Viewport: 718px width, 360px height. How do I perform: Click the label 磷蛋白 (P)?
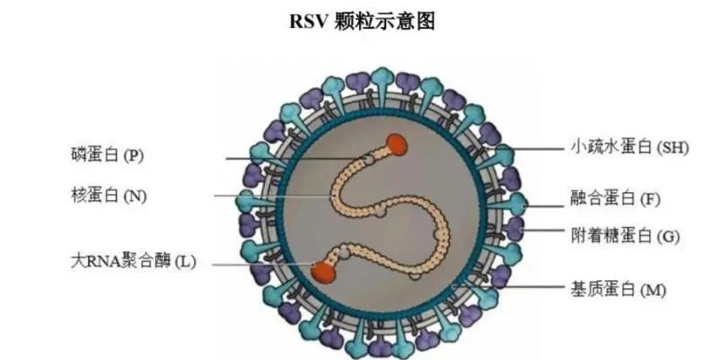pyautogui.click(x=107, y=154)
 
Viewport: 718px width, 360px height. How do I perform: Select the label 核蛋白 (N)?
pyautogui.click(x=108, y=195)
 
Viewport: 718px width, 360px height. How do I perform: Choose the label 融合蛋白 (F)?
pyautogui.click(x=620, y=197)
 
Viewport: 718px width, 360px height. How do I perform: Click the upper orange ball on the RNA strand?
pyautogui.click(x=396, y=144)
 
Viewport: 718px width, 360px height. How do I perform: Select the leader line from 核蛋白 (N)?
pyautogui.click(x=269, y=196)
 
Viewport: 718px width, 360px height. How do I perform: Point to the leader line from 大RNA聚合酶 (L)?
pyautogui.click(x=260, y=262)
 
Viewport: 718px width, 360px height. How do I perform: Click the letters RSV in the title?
pyautogui.click(x=308, y=22)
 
